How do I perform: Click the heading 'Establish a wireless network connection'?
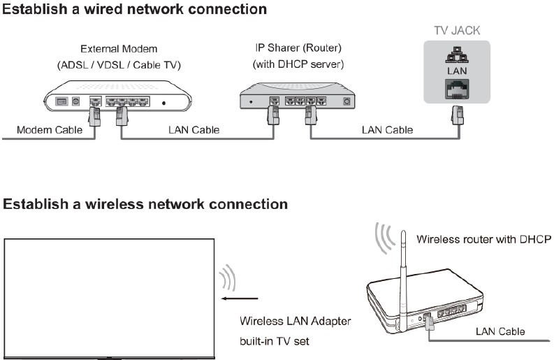[145, 204]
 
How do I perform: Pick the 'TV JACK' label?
[456, 31]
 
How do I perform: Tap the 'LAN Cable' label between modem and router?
[194, 130]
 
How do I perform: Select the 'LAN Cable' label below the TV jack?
[387, 130]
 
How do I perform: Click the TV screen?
[109, 297]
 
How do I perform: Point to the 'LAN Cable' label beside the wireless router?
[501, 331]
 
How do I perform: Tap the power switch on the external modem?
[61, 101]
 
